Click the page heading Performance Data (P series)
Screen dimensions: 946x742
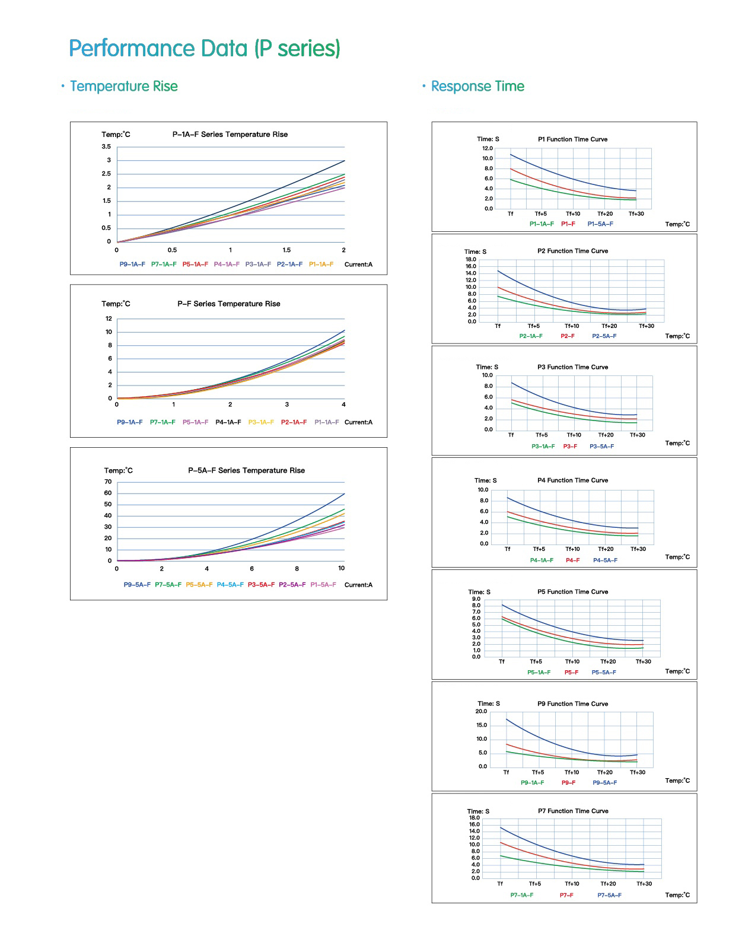point(205,49)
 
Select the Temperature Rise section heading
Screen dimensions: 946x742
point(123,87)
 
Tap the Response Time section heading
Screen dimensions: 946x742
point(477,87)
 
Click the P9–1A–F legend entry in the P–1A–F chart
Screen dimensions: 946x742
point(132,265)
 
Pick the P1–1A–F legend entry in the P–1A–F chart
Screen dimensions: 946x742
point(321,265)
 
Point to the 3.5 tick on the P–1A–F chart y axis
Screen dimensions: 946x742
point(106,146)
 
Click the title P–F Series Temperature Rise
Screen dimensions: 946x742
point(229,304)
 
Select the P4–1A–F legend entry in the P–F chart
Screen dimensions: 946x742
point(228,422)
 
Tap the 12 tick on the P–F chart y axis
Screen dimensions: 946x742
point(109,318)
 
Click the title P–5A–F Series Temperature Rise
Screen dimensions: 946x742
point(247,470)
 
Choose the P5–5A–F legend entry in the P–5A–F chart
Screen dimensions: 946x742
point(199,585)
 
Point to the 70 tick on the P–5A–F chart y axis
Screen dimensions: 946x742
point(108,482)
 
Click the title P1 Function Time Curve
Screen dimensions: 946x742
point(572,139)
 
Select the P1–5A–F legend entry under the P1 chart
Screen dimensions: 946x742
point(600,224)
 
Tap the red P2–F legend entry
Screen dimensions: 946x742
point(568,336)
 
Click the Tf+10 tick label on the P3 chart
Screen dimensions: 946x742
point(574,435)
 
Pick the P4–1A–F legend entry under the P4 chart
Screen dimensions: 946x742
point(542,560)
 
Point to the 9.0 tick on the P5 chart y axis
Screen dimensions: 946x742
point(476,599)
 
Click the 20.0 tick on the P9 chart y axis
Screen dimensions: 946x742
point(481,711)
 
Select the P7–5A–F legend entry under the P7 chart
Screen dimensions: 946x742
point(609,896)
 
